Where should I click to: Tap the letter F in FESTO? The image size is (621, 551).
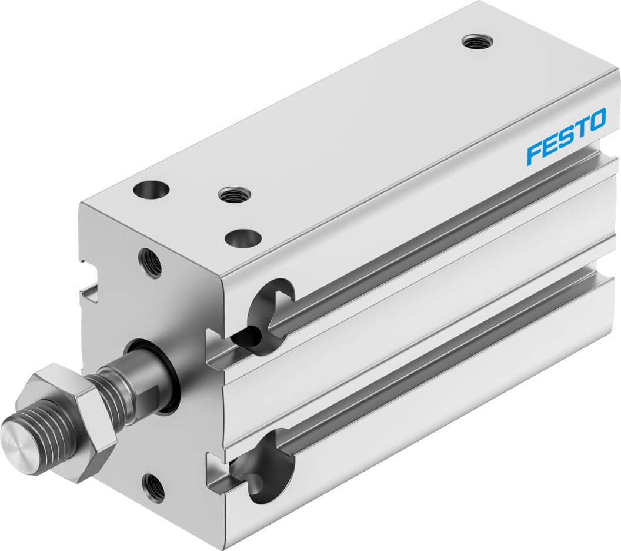[x=535, y=152]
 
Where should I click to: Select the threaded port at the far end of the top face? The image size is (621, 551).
[x=477, y=41]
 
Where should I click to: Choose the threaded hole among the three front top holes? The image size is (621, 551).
[x=233, y=193]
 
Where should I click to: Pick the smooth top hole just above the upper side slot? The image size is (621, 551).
[x=243, y=238]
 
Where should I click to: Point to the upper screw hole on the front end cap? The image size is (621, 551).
[x=150, y=263]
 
